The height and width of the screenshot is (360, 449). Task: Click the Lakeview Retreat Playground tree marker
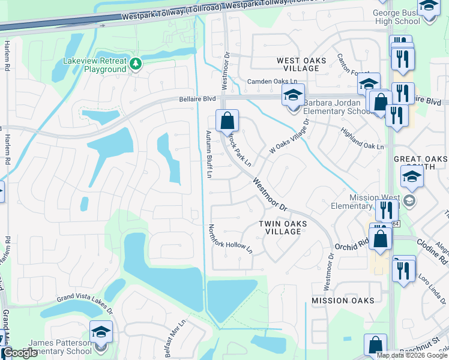click(136, 64)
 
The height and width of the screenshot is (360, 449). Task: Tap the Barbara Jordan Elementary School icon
click(293, 96)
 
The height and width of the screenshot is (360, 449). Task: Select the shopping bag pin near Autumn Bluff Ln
click(228, 121)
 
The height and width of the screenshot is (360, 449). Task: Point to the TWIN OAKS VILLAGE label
click(283, 227)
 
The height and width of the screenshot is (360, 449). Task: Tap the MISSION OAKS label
click(343, 300)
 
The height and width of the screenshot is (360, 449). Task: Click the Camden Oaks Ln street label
click(273, 81)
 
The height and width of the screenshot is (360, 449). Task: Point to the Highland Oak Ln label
click(361, 139)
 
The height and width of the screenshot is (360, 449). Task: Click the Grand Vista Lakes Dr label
click(85, 304)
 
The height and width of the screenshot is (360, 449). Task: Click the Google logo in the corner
click(20, 353)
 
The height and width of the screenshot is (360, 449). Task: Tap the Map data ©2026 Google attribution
click(412, 355)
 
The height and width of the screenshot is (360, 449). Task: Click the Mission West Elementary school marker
click(410, 200)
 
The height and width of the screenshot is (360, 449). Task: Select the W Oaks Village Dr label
click(289, 137)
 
